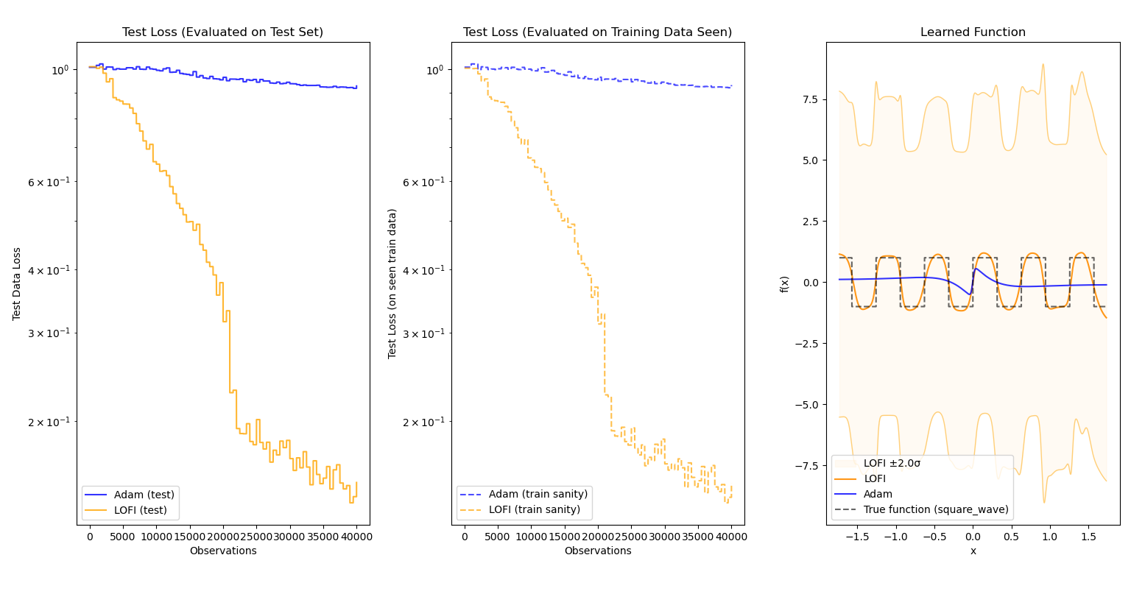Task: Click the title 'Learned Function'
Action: (x=973, y=32)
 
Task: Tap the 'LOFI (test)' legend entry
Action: (x=141, y=510)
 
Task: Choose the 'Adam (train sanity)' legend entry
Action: (x=538, y=495)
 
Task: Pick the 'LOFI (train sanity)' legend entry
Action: (x=535, y=510)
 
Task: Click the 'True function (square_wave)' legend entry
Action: (x=936, y=510)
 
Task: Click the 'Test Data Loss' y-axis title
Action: (x=17, y=283)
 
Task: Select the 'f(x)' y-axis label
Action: (x=785, y=283)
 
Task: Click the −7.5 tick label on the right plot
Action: (x=809, y=466)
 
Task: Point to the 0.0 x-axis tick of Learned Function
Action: (x=973, y=537)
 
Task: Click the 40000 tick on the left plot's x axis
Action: (x=356, y=537)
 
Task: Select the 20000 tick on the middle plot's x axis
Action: (x=598, y=537)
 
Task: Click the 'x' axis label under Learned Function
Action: (x=973, y=551)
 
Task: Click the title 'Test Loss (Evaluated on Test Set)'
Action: (x=223, y=32)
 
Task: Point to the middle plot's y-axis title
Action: (x=392, y=283)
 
